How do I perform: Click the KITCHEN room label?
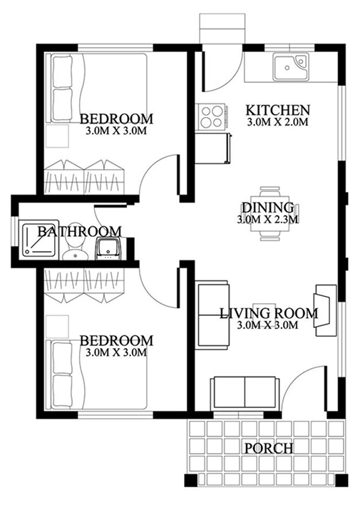(x=277, y=111)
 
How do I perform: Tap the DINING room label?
(x=268, y=208)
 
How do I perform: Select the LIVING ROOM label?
(x=267, y=312)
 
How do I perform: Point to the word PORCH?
(x=268, y=448)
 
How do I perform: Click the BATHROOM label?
(x=79, y=231)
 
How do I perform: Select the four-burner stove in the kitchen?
(x=212, y=116)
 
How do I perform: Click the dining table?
(x=269, y=208)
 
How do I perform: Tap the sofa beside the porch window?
(x=244, y=392)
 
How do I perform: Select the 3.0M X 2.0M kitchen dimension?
(x=277, y=123)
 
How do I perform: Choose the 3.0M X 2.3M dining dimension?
(x=268, y=219)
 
